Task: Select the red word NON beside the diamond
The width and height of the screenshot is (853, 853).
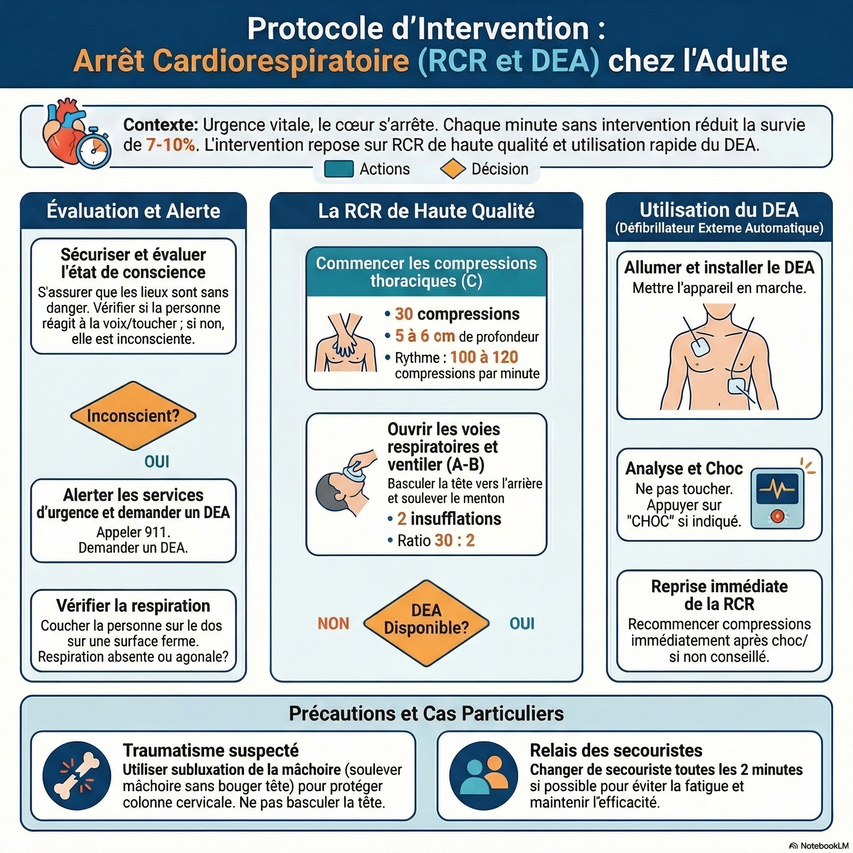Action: tap(333, 624)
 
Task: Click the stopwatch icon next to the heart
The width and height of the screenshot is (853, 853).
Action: tap(94, 149)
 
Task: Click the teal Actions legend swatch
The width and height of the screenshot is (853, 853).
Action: tap(339, 169)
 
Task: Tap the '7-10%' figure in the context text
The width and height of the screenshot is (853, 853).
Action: tap(170, 145)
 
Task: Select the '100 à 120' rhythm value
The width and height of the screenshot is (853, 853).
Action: tap(484, 357)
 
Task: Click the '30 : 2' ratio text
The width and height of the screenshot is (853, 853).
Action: tap(454, 540)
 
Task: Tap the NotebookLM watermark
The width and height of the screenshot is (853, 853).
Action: tap(819, 846)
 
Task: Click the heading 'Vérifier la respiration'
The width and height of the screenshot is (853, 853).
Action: tap(133, 606)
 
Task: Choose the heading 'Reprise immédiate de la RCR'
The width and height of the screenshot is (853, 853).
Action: tap(719, 595)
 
